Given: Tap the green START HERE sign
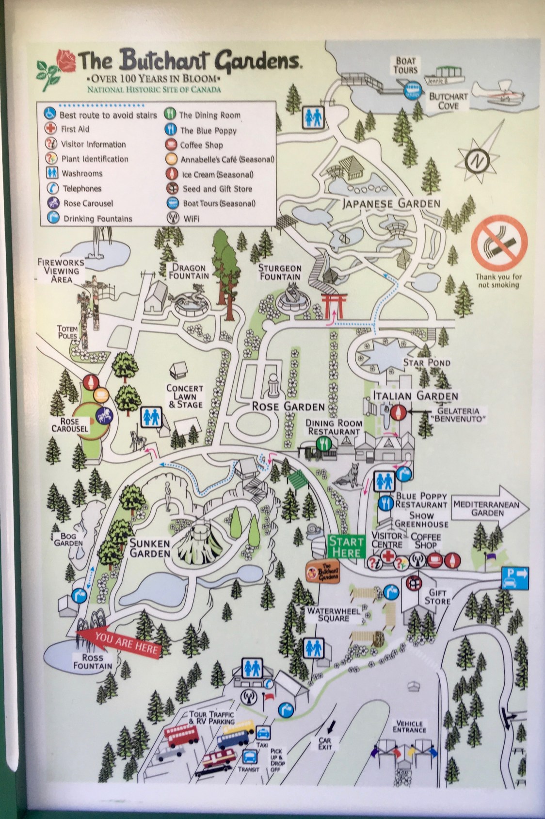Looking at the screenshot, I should click(346, 547).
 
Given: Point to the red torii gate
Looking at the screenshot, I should click(332, 305).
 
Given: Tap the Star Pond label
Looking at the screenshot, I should click(427, 362).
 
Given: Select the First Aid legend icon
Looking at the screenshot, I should click(50, 129).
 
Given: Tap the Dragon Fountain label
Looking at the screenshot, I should click(189, 271).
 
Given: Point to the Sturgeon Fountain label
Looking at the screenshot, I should click(280, 272).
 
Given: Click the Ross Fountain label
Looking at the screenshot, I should click(92, 661).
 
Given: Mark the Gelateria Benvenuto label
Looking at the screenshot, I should click(458, 415).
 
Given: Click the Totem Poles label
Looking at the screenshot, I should click(67, 332).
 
